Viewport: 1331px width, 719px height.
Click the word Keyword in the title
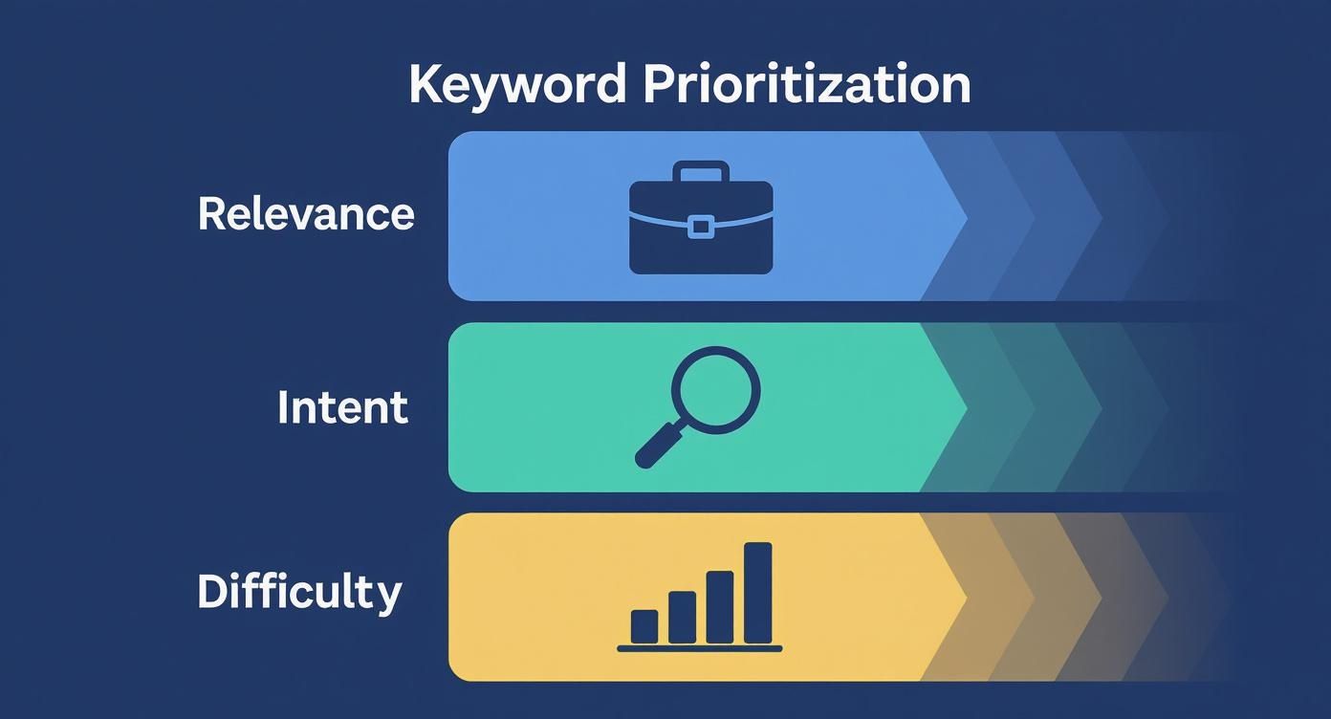click(x=517, y=85)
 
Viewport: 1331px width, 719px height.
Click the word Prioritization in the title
click(x=806, y=85)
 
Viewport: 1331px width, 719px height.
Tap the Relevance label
click(x=306, y=213)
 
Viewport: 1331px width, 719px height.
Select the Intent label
click(x=342, y=407)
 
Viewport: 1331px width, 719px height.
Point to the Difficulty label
click(x=299, y=592)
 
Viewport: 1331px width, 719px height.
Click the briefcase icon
click(x=701, y=219)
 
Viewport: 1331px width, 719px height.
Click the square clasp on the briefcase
click(x=701, y=227)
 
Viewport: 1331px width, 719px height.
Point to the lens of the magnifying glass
click(x=715, y=390)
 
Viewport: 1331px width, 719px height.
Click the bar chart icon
click(x=700, y=598)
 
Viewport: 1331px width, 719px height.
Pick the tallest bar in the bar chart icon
click(x=757, y=593)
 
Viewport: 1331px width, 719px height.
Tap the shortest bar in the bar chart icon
click(x=644, y=626)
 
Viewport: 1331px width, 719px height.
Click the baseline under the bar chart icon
click(x=700, y=648)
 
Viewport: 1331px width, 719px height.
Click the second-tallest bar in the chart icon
click(x=719, y=607)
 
